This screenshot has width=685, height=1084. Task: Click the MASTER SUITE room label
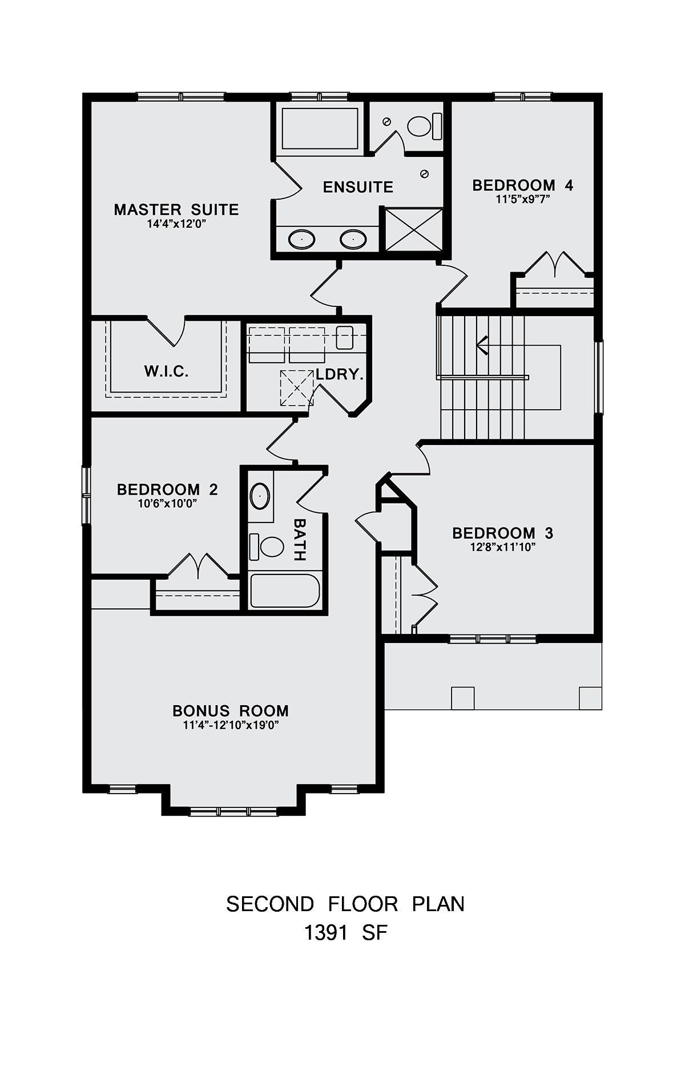176,209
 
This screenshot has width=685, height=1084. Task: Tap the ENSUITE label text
358,187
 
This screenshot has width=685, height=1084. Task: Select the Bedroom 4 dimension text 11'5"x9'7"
523,199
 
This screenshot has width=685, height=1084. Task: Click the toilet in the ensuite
425,126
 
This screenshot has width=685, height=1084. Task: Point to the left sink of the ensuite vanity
301,239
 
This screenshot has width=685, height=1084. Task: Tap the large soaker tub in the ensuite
320,128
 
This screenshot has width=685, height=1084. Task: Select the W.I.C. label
166,371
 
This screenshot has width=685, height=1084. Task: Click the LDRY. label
340,374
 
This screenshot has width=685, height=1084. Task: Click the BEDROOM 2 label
167,490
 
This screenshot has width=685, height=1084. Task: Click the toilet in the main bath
267,547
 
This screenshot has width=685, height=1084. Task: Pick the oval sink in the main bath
260,496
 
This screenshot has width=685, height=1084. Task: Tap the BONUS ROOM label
231,711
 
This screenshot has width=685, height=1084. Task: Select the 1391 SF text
345,933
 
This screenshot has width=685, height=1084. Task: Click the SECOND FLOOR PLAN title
345,904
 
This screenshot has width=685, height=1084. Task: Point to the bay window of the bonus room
233,811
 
